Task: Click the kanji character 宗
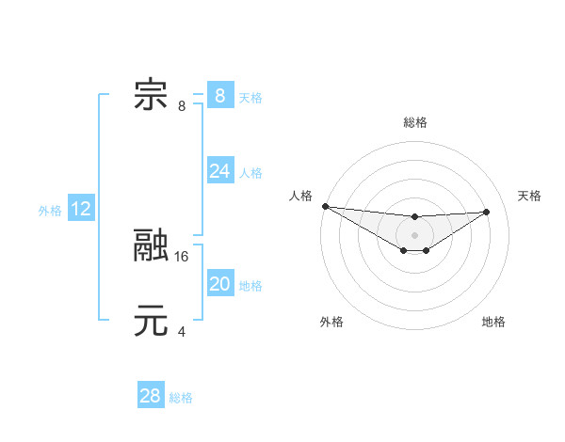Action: point(151,95)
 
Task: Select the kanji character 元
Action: point(151,321)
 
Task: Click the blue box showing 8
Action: point(219,95)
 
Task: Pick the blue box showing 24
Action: point(219,171)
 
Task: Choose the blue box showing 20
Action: point(219,284)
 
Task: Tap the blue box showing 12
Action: point(81,209)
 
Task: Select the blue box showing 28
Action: point(151,396)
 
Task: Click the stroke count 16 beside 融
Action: point(182,256)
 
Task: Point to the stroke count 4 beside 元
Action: point(181,331)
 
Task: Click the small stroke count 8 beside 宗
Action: point(181,105)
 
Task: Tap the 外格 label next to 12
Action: point(50,211)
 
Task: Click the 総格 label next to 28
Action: point(181,398)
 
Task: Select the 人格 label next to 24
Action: point(250,173)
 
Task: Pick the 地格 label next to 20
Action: point(250,286)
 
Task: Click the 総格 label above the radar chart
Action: point(415,122)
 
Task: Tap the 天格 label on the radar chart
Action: point(529,196)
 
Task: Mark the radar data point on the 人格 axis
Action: point(325,206)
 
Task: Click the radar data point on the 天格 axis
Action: point(487,212)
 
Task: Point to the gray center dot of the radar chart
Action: point(415,235)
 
